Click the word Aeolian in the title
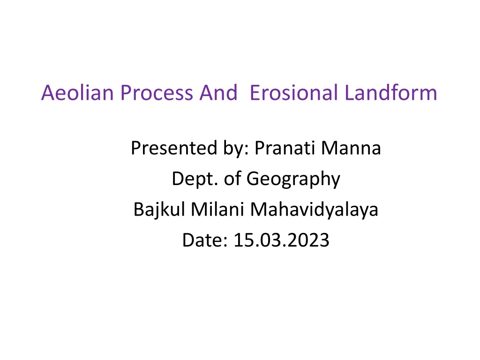[77, 92]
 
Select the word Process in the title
[157, 92]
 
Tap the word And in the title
[218, 92]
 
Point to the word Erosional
[294, 92]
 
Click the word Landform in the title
[391, 92]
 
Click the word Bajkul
[159, 210]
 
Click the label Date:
[205, 240]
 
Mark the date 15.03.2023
[281, 240]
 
